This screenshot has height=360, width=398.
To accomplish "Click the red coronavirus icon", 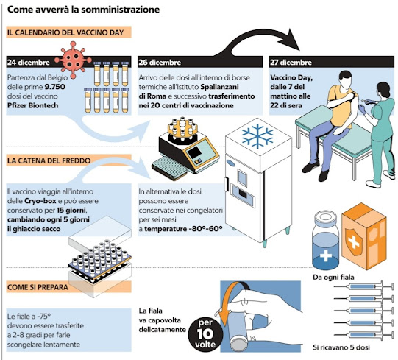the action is click(x=73, y=60).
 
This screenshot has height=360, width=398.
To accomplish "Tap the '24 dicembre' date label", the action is click(x=29, y=63).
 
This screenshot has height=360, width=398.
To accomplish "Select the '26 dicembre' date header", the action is click(x=160, y=63).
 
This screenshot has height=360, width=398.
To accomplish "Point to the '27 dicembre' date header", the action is click(x=291, y=63).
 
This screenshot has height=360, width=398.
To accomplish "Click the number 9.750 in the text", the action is click(x=55, y=87).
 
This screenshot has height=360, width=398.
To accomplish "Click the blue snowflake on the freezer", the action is click(x=257, y=136).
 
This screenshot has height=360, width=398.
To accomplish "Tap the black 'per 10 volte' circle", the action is click(x=205, y=333).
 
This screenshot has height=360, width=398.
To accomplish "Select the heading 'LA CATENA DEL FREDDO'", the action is click(x=49, y=160).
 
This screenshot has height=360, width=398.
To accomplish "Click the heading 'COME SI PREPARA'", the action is click(x=38, y=287).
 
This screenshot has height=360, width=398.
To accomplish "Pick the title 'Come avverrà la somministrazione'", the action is click(x=84, y=10).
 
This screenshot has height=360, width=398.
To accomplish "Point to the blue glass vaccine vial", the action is click(x=326, y=240).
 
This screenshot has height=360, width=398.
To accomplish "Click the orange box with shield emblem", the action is click(x=364, y=236).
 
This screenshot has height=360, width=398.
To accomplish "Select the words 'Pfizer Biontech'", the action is click(x=33, y=105).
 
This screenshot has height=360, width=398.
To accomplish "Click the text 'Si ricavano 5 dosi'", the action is click(x=341, y=347).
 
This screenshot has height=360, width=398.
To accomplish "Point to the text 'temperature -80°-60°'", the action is click(x=183, y=229).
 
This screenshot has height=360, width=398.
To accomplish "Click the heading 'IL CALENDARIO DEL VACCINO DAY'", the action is click(x=65, y=32).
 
